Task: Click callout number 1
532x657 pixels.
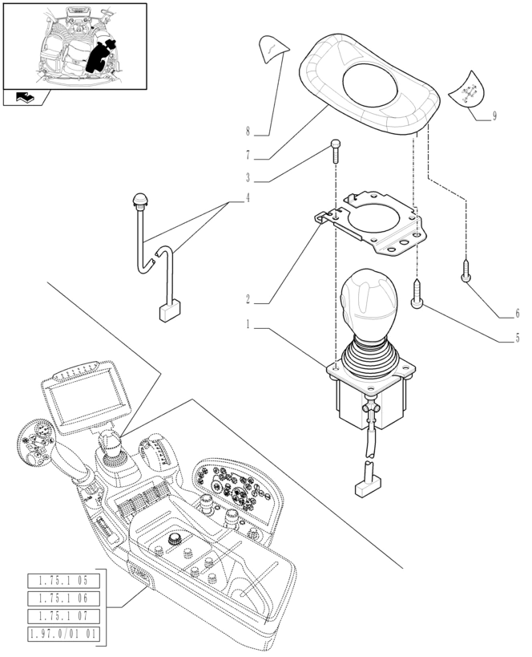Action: (x=248, y=326)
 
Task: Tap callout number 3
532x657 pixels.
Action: (x=248, y=178)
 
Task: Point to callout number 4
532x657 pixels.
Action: (x=248, y=198)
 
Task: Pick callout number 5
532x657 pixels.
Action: (x=517, y=338)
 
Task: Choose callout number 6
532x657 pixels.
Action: (x=517, y=313)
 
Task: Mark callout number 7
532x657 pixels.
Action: (x=248, y=154)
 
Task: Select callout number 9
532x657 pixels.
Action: (x=494, y=116)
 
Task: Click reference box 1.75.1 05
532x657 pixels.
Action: (x=63, y=580)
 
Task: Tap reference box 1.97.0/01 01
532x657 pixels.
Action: (x=63, y=634)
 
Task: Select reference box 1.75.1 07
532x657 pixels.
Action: (x=63, y=615)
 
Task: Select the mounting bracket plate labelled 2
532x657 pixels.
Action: (x=377, y=225)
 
